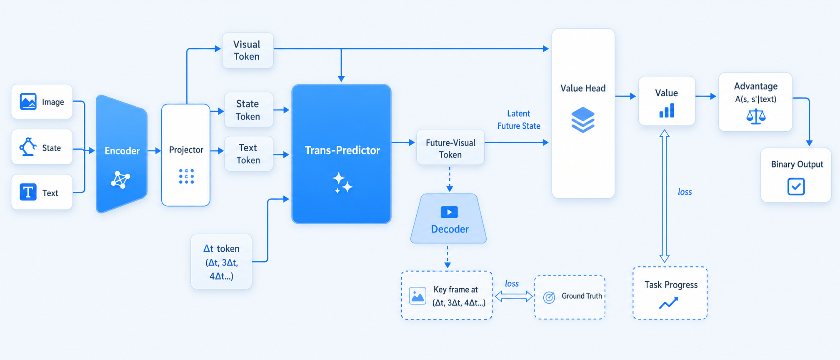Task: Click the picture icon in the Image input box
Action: (28, 101)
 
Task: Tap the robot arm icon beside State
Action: (28, 147)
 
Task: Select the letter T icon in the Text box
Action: (28, 192)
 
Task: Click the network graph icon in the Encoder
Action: (120, 180)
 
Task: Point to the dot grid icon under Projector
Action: (186, 176)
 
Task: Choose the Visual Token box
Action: (247, 50)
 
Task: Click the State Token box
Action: (248, 110)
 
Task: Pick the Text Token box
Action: (248, 154)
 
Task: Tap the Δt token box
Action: (221, 262)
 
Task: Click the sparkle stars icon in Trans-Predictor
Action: (342, 183)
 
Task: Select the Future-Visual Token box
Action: (450, 147)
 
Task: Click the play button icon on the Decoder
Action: (449, 212)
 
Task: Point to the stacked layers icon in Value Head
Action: (583, 120)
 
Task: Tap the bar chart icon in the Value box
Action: (667, 111)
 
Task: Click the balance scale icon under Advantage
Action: (756, 117)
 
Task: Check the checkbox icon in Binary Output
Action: (796, 187)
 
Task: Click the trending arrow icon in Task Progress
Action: (669, 303)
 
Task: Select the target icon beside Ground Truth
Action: (549, 297)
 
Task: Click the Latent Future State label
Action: (519, 120)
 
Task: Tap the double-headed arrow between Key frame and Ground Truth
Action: (513, 296)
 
